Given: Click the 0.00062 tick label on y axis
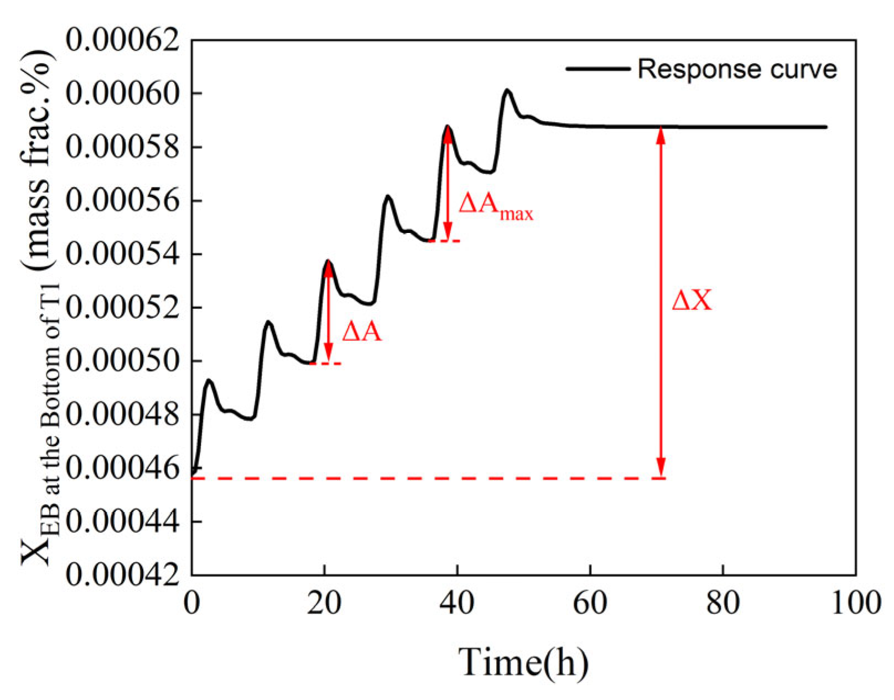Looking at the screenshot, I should (x=123, y=40).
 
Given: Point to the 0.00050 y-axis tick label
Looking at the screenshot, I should (x=123, y=361).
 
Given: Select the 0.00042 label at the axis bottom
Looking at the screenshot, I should (x=123, y=575).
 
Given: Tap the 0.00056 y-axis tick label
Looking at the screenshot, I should (x=123, y=200).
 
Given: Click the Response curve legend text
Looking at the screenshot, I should (x=737, y=69).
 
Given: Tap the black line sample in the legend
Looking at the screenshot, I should (x=598, y=69).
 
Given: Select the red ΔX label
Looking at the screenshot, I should (x=692, y=300).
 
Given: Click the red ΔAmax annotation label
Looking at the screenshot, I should (x=495, y=206).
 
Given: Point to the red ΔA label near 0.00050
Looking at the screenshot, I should (x=362, y=332).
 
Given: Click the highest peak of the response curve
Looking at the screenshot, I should (x=507, y=90).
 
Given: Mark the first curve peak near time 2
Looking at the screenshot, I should (x=209, y=380).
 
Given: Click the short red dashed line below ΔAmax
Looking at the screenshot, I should (x=444, y=241).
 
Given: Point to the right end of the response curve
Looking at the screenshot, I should (x=825, y=127).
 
